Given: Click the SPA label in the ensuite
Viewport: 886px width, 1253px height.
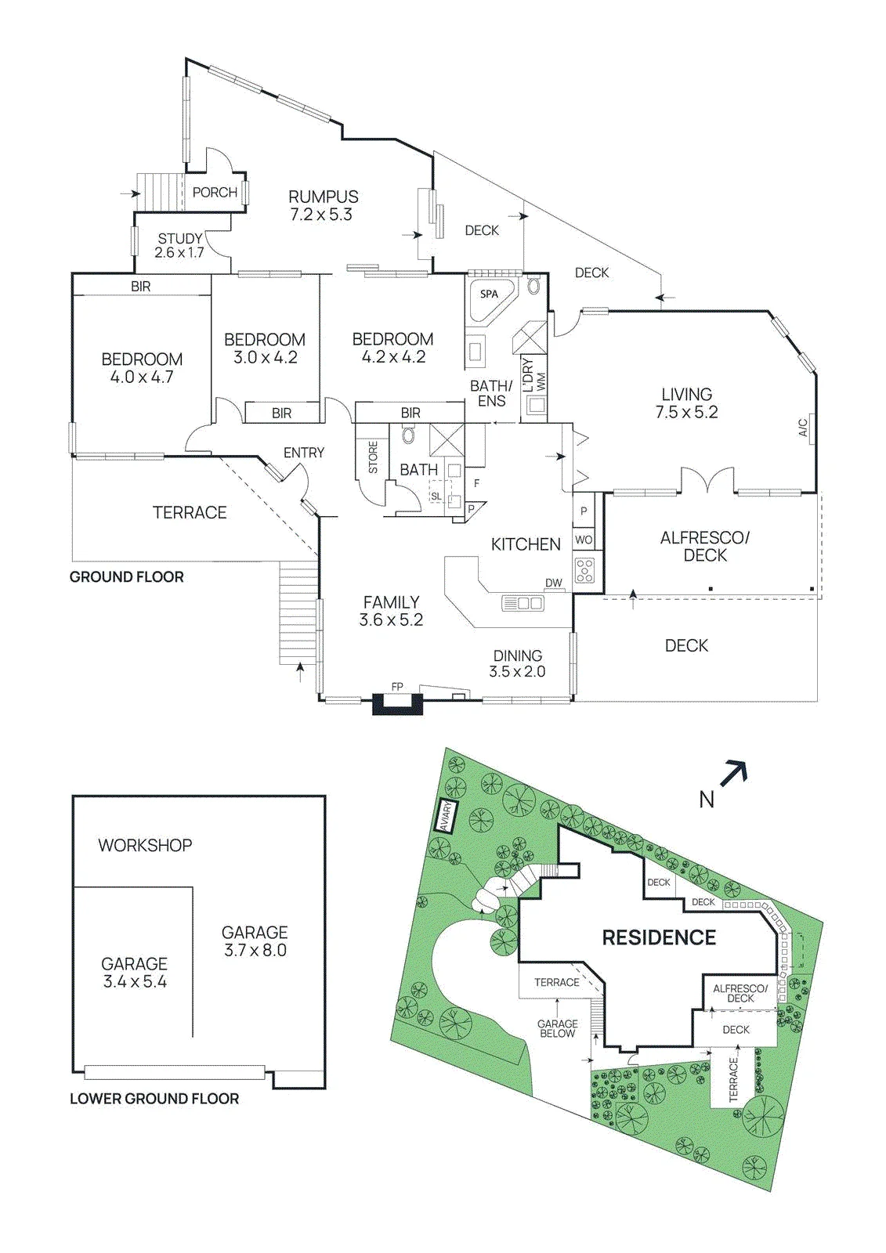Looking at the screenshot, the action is [489, 294].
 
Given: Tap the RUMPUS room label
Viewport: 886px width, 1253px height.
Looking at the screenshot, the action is [323, 197].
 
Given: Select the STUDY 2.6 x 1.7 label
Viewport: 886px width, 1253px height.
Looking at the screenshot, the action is [179, 246].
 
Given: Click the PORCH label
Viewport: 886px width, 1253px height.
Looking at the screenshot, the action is [215, 193].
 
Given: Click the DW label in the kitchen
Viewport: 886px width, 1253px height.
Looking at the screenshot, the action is [554, 583].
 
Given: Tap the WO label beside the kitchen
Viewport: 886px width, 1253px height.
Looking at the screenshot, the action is [584, 540].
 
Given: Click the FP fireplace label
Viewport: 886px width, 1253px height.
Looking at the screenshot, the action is [397, 687].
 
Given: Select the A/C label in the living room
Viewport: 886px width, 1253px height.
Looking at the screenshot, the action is [803, 428].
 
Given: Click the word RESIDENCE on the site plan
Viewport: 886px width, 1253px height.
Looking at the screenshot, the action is [659, 937].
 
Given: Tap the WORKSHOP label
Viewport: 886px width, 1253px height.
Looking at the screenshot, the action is [145, 845].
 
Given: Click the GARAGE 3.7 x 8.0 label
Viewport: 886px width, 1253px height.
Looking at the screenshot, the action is [255, 941].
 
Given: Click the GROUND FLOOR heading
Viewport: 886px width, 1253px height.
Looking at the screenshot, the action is [126, 576].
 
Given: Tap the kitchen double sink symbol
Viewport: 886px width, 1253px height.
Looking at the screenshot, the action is [523, 603].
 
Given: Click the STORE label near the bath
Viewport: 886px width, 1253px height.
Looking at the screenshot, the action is [374, 457].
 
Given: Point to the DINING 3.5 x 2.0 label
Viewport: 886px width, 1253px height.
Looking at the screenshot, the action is [517, 663].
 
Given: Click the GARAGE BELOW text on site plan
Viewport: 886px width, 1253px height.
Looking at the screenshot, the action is [557, 1028].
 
